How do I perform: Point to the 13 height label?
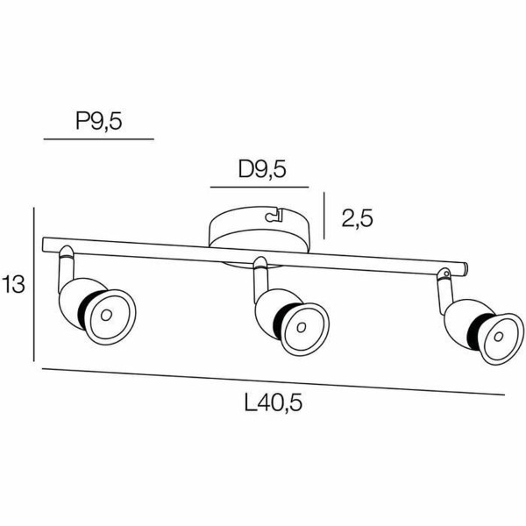click(13, 285)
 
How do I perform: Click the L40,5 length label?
click(278, 404)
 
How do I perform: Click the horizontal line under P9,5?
click(98, 139)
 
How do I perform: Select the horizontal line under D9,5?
click(259, 188)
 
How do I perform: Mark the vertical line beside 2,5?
click(324, 216)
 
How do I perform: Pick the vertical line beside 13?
click(33, 284)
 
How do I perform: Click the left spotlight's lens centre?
click(105, 314)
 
